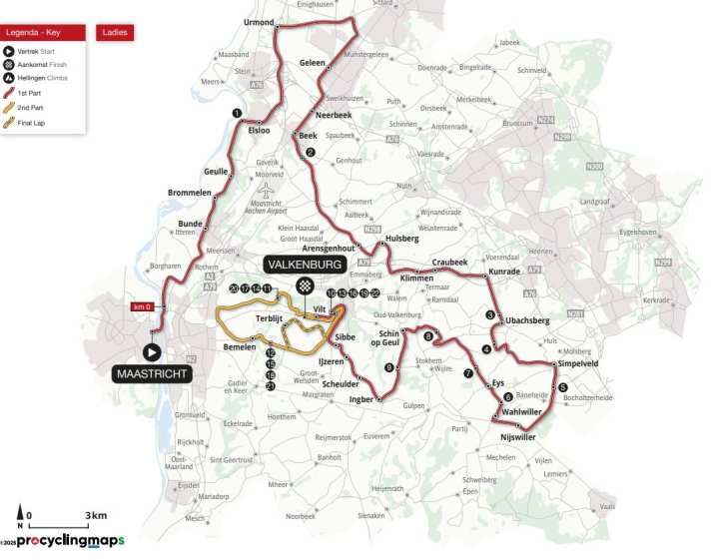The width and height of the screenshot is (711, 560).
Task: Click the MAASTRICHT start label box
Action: pyautogui.click(x=150, y=374)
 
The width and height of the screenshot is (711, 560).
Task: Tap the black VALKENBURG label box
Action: pyautogui.click(x=304, y=265)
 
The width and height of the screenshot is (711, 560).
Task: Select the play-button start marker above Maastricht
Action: pyautogui.click(x=151, y=351)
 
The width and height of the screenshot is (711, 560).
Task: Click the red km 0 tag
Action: pyautogui.click(x=143, y=306)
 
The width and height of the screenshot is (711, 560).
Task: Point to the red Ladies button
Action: pyautogui.click(x=115, y=32)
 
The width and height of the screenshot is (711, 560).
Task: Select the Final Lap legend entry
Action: pyautogui.click(x=30, y=123)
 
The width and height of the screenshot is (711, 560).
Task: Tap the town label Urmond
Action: pyautogui.click(x=259, y=21)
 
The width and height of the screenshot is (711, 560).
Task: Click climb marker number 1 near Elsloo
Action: pyautogui.click(x=237, y=113)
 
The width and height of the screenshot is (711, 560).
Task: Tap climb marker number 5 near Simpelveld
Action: pyautogui.click(x=562, y=387)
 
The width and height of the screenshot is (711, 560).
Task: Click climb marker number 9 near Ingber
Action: pyautogui.click(x=388, y=367)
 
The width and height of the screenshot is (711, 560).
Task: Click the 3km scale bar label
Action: pyautogui.click(x=95, y=515)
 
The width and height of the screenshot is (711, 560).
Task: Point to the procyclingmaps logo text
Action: pyautogui.click(x=70, y=541)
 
